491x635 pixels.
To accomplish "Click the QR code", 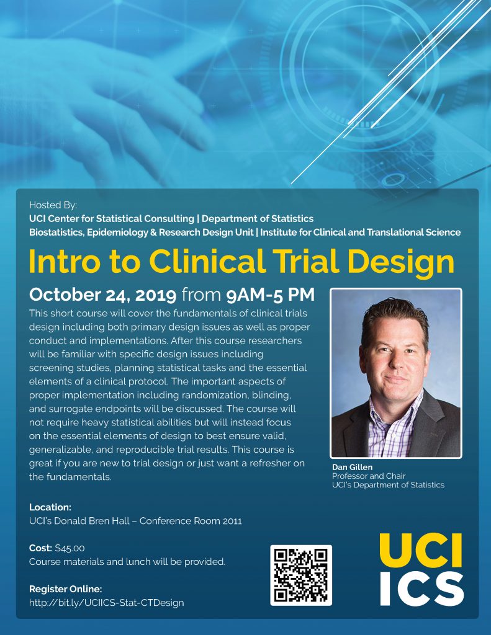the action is [x=301, y=575].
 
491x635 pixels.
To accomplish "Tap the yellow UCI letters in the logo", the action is [x=421, y=551].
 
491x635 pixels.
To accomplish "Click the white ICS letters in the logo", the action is [x=421, y=589].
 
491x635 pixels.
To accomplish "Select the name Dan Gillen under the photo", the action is [x=352, y=467].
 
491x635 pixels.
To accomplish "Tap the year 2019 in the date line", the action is [x=156, y=295].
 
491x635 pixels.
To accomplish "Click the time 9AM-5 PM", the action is [x=270, y=295].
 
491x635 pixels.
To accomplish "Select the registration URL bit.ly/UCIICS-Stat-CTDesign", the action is [x=106, y=603].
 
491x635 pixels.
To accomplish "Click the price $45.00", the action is [x=70, y=548].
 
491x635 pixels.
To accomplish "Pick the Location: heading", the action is [x=50, y=507].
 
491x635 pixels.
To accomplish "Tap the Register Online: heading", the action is [x=65, y=589].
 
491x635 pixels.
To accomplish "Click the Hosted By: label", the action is [x=53, y=205].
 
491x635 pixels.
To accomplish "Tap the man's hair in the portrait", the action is [x=395, y=316].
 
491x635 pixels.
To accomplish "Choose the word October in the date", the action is [x=65, y=295].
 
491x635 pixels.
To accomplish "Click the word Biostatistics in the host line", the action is [x=56, y=233].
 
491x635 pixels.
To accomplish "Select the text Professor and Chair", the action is [x=369, y=476].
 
